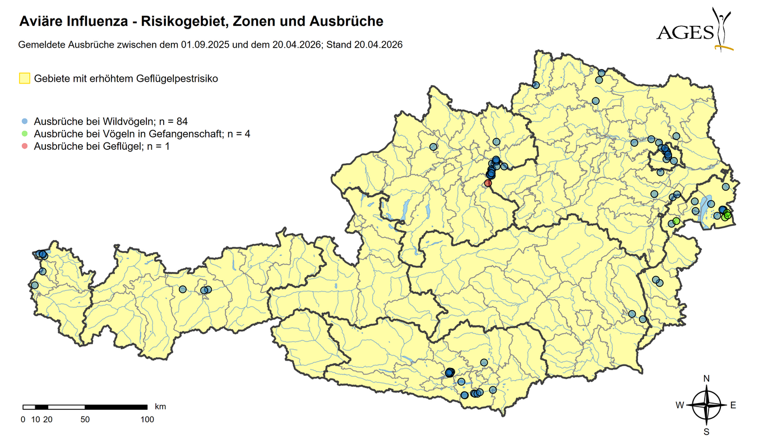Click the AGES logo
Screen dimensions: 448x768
pos(695,29)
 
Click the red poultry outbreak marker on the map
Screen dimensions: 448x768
pos(488,183)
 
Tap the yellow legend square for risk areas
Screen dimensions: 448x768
pos(25,78)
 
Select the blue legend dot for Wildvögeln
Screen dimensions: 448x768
pos(25,121)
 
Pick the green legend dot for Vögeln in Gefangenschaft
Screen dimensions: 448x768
pos(25,133)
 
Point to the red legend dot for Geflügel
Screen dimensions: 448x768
pos(25,146)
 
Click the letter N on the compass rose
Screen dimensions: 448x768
pos(707,378)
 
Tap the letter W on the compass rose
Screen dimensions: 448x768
pos(679,405)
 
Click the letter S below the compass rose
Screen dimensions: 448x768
pos(707,432)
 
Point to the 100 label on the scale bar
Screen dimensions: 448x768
pos(147,419)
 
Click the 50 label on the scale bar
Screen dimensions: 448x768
pos(85,419)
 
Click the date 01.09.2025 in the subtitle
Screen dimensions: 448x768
pos(205,44)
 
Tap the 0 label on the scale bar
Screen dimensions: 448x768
pos(23,419)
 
